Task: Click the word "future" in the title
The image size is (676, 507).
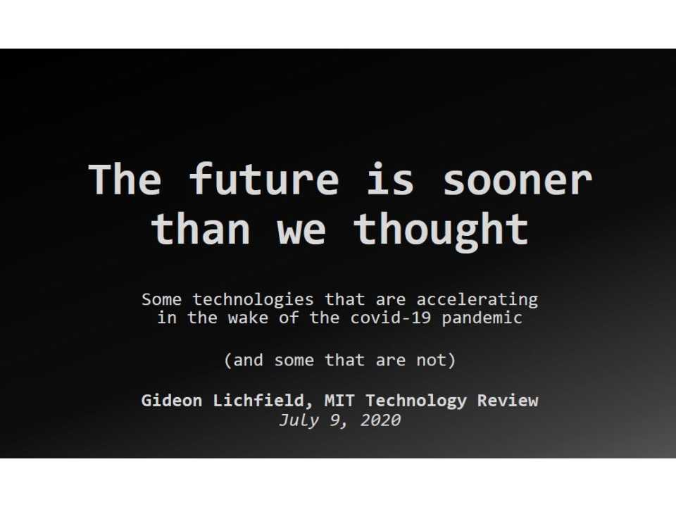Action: click(264, 180)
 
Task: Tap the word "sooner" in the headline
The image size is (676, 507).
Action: click(517, 180)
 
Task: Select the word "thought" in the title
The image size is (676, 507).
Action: click(441, 228)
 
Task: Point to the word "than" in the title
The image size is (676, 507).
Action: click(201, 228)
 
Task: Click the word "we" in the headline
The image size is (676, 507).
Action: click(301, 228)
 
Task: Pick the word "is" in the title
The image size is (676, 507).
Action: click(389, 180)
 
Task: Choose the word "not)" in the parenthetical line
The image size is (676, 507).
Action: click(436, 361)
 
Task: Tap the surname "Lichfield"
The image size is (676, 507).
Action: click(272, 401)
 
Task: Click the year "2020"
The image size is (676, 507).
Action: click(380, 420)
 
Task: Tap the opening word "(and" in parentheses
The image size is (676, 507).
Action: click(244, 361)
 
